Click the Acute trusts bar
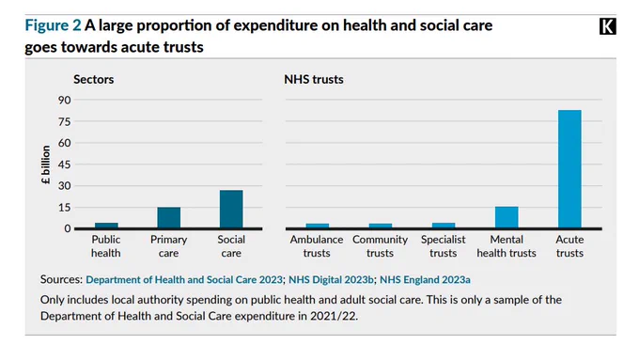coord(569,169)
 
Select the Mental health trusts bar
coord(507,217)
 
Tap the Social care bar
coord(231,210)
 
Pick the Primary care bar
coord(169,218)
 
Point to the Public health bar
coord(106,226)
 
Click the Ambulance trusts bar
coord(318,226)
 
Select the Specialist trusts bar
coord(444,226)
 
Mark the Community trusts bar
coord(381,226)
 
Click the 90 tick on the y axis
coord(65,100)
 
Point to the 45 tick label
coord(65,164)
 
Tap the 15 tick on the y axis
coord(65,208)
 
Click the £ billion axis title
coord(46,164)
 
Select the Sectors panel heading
coord(93,79)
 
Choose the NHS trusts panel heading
coord(314,79)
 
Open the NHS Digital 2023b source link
coord(331,280)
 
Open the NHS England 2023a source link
coord(425,280)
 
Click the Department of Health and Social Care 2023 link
coord(184,280)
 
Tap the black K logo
coord(608,26)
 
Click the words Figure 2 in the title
coord(53,25)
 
